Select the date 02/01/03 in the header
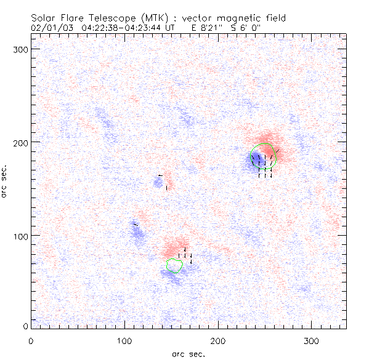52,28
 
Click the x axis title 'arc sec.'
188,354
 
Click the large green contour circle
264,157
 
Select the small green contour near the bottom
174,266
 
